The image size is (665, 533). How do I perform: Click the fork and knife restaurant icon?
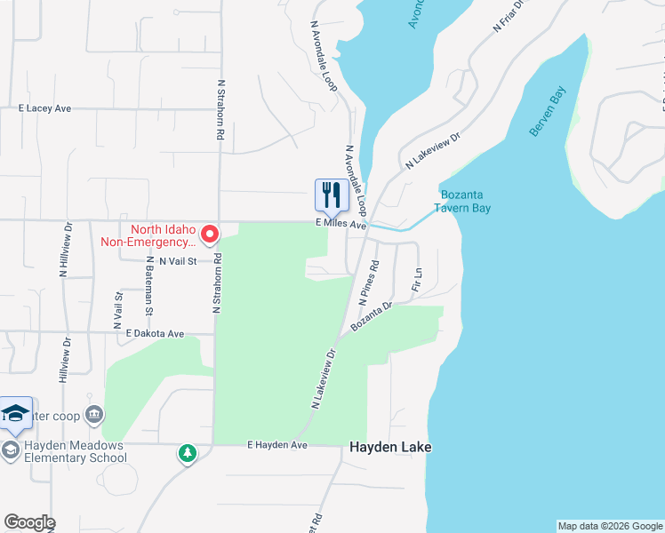pos(332,195)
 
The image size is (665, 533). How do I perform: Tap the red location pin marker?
pos(210,235)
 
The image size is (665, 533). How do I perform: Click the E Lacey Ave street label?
pos(44,108)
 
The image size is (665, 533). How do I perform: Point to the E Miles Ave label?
pos(341,226)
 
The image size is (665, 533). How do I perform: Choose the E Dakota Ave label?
pos(155,334)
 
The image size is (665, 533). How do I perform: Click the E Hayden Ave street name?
pos(276,444)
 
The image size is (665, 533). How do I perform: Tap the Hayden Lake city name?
pos(390,448)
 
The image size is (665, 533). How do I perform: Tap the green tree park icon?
pos(188,454)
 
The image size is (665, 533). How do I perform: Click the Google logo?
pos(29,522)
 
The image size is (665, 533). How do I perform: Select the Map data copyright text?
pos(609,526)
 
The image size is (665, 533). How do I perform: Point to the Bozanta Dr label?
pos(371,317)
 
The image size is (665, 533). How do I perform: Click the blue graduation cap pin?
pos(16,413)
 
